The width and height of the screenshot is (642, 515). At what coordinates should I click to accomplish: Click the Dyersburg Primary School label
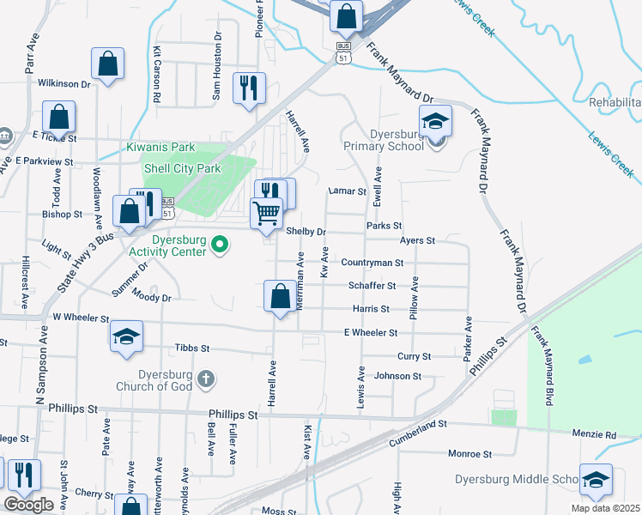pyautogui.click(x=397, y=140)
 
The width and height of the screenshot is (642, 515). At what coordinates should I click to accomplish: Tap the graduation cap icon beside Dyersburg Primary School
pyautogui.click(x=435, y=121)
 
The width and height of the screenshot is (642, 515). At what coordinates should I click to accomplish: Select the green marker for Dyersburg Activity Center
pyautogui.click(x=221, y=245)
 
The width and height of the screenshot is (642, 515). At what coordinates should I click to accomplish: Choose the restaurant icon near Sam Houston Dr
pyautogui.click(x=249, y=87)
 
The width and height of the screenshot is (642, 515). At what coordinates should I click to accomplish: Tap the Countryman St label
pyautogui.click(x=372, y=263)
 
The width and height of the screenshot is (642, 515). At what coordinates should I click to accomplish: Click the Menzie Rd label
pyautogui.click(x=598, y=435)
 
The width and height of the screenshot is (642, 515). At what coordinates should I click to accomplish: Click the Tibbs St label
pyautogui.click(x=192, y=348)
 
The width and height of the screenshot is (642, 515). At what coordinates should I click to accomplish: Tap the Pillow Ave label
pyautogui.click(x=414, y=300)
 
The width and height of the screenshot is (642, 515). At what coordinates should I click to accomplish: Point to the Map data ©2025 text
pyautogui.click(x=605, y=508)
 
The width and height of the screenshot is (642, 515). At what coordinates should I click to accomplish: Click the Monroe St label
pyautogui.click(x=469, y=453)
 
